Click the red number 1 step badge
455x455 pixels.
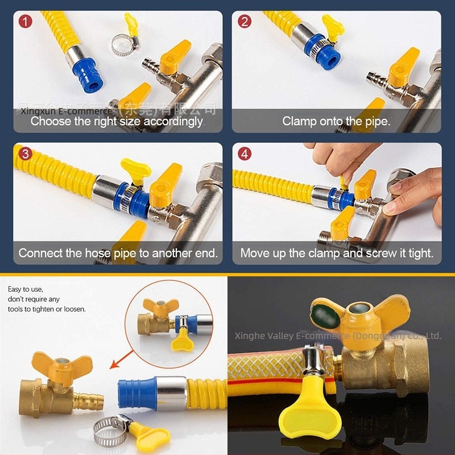pos(24,22)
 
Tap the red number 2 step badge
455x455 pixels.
pos(244,22)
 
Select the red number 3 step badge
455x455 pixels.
pos(24,154)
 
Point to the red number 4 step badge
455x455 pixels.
pos(244,154)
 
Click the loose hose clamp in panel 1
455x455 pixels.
pos(123,43)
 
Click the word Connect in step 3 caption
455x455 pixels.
pos(40,253)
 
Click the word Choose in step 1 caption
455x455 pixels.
pos(48,121)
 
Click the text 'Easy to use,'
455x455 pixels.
pos(26,289)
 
